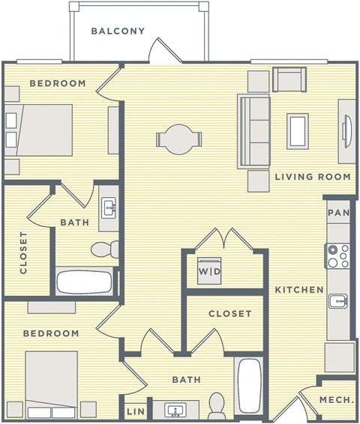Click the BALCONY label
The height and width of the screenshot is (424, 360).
coord(118,31)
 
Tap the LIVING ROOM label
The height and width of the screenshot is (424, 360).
coord(312,177)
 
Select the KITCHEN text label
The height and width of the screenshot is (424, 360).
coord(298,290)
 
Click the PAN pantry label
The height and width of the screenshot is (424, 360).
coord(338,213)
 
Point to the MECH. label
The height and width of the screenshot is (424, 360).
coord(337,401)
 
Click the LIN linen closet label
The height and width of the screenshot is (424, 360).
coord(136,411)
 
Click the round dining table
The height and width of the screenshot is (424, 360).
coord(178,139)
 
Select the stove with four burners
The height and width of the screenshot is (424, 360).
coord(337,256)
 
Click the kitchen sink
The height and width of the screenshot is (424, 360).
coord(338,302)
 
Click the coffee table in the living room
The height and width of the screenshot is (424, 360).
coord(298,130)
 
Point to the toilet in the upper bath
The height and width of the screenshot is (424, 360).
coord(101,248)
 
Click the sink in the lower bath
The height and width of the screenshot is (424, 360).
coord(178,410)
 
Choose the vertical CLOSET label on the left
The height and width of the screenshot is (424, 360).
coord(24,252)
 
